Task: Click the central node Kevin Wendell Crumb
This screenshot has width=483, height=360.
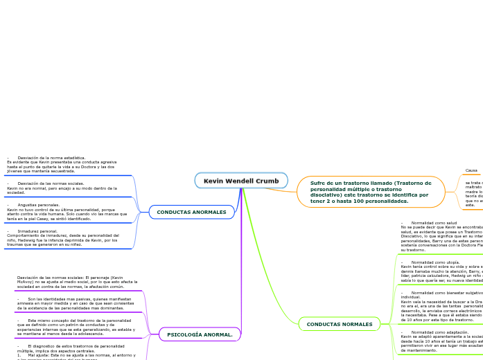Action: point(241,181)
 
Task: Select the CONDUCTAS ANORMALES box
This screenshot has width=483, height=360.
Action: point(191,212)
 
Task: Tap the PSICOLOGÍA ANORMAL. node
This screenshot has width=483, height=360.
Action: point(200,334)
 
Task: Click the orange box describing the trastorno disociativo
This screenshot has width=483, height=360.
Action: point(371,192)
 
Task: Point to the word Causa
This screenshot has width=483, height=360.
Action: point(471,170)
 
